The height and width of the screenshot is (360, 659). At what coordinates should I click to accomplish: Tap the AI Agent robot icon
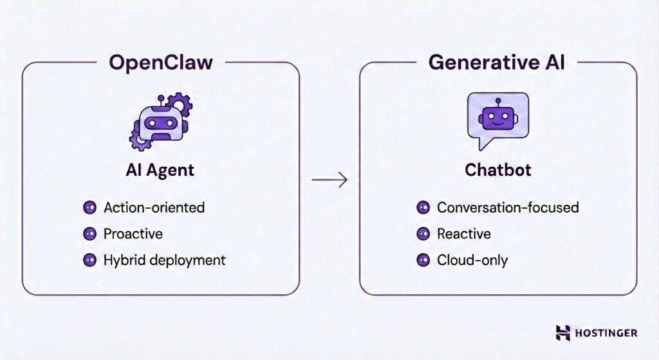point(159,120)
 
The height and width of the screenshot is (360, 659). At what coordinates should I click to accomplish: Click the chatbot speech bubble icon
point(497,119)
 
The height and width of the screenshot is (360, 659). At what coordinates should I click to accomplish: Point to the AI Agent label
point(160,171)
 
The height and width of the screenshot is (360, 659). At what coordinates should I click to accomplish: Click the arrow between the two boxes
point(329,180)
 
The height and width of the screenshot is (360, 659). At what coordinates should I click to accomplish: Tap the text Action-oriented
point(154,208)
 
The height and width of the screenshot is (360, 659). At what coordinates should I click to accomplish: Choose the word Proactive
point(133,234)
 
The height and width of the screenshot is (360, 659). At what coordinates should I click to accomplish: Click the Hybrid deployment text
point(165,260)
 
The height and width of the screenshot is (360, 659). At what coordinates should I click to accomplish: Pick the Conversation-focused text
point(508,208)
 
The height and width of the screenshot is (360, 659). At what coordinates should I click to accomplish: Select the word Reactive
point(463,234)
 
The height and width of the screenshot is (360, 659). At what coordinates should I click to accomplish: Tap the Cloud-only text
point(472,260)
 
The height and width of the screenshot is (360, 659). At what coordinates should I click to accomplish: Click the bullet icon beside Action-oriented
point(89,208)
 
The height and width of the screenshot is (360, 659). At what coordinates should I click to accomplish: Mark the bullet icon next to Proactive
point(89,234)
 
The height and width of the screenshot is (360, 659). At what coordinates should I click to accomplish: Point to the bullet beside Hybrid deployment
point(89,260)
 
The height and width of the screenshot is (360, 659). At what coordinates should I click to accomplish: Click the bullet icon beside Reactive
point(423,234)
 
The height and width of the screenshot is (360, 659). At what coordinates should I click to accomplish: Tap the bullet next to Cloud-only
point(423,260)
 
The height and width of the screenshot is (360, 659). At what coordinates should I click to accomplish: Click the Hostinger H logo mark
point(563,332)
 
